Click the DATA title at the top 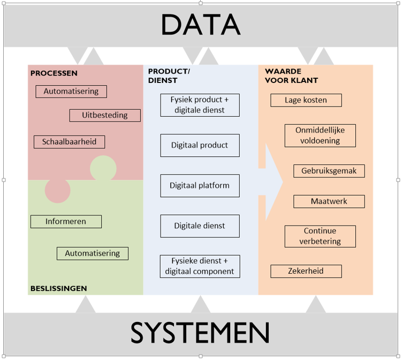point(200,24)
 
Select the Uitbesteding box point(105,115)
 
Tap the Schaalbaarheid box point(69,142)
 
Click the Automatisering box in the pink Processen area point(71,92)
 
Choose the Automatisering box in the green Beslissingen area point(93,253)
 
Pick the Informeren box point(66,221)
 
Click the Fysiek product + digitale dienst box point(200,105)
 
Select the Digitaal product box point(200,145)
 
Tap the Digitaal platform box point(200,185)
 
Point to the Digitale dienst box point(200,226)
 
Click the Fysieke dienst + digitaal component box point(200,266)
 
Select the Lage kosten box point(306,100)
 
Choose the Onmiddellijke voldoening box point(320,135)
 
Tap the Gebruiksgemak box point(329,171)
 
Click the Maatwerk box point(329,201)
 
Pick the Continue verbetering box point(320,236)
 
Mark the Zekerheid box point(306,271)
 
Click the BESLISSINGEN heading point(58,288)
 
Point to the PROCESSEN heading point(54,73)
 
